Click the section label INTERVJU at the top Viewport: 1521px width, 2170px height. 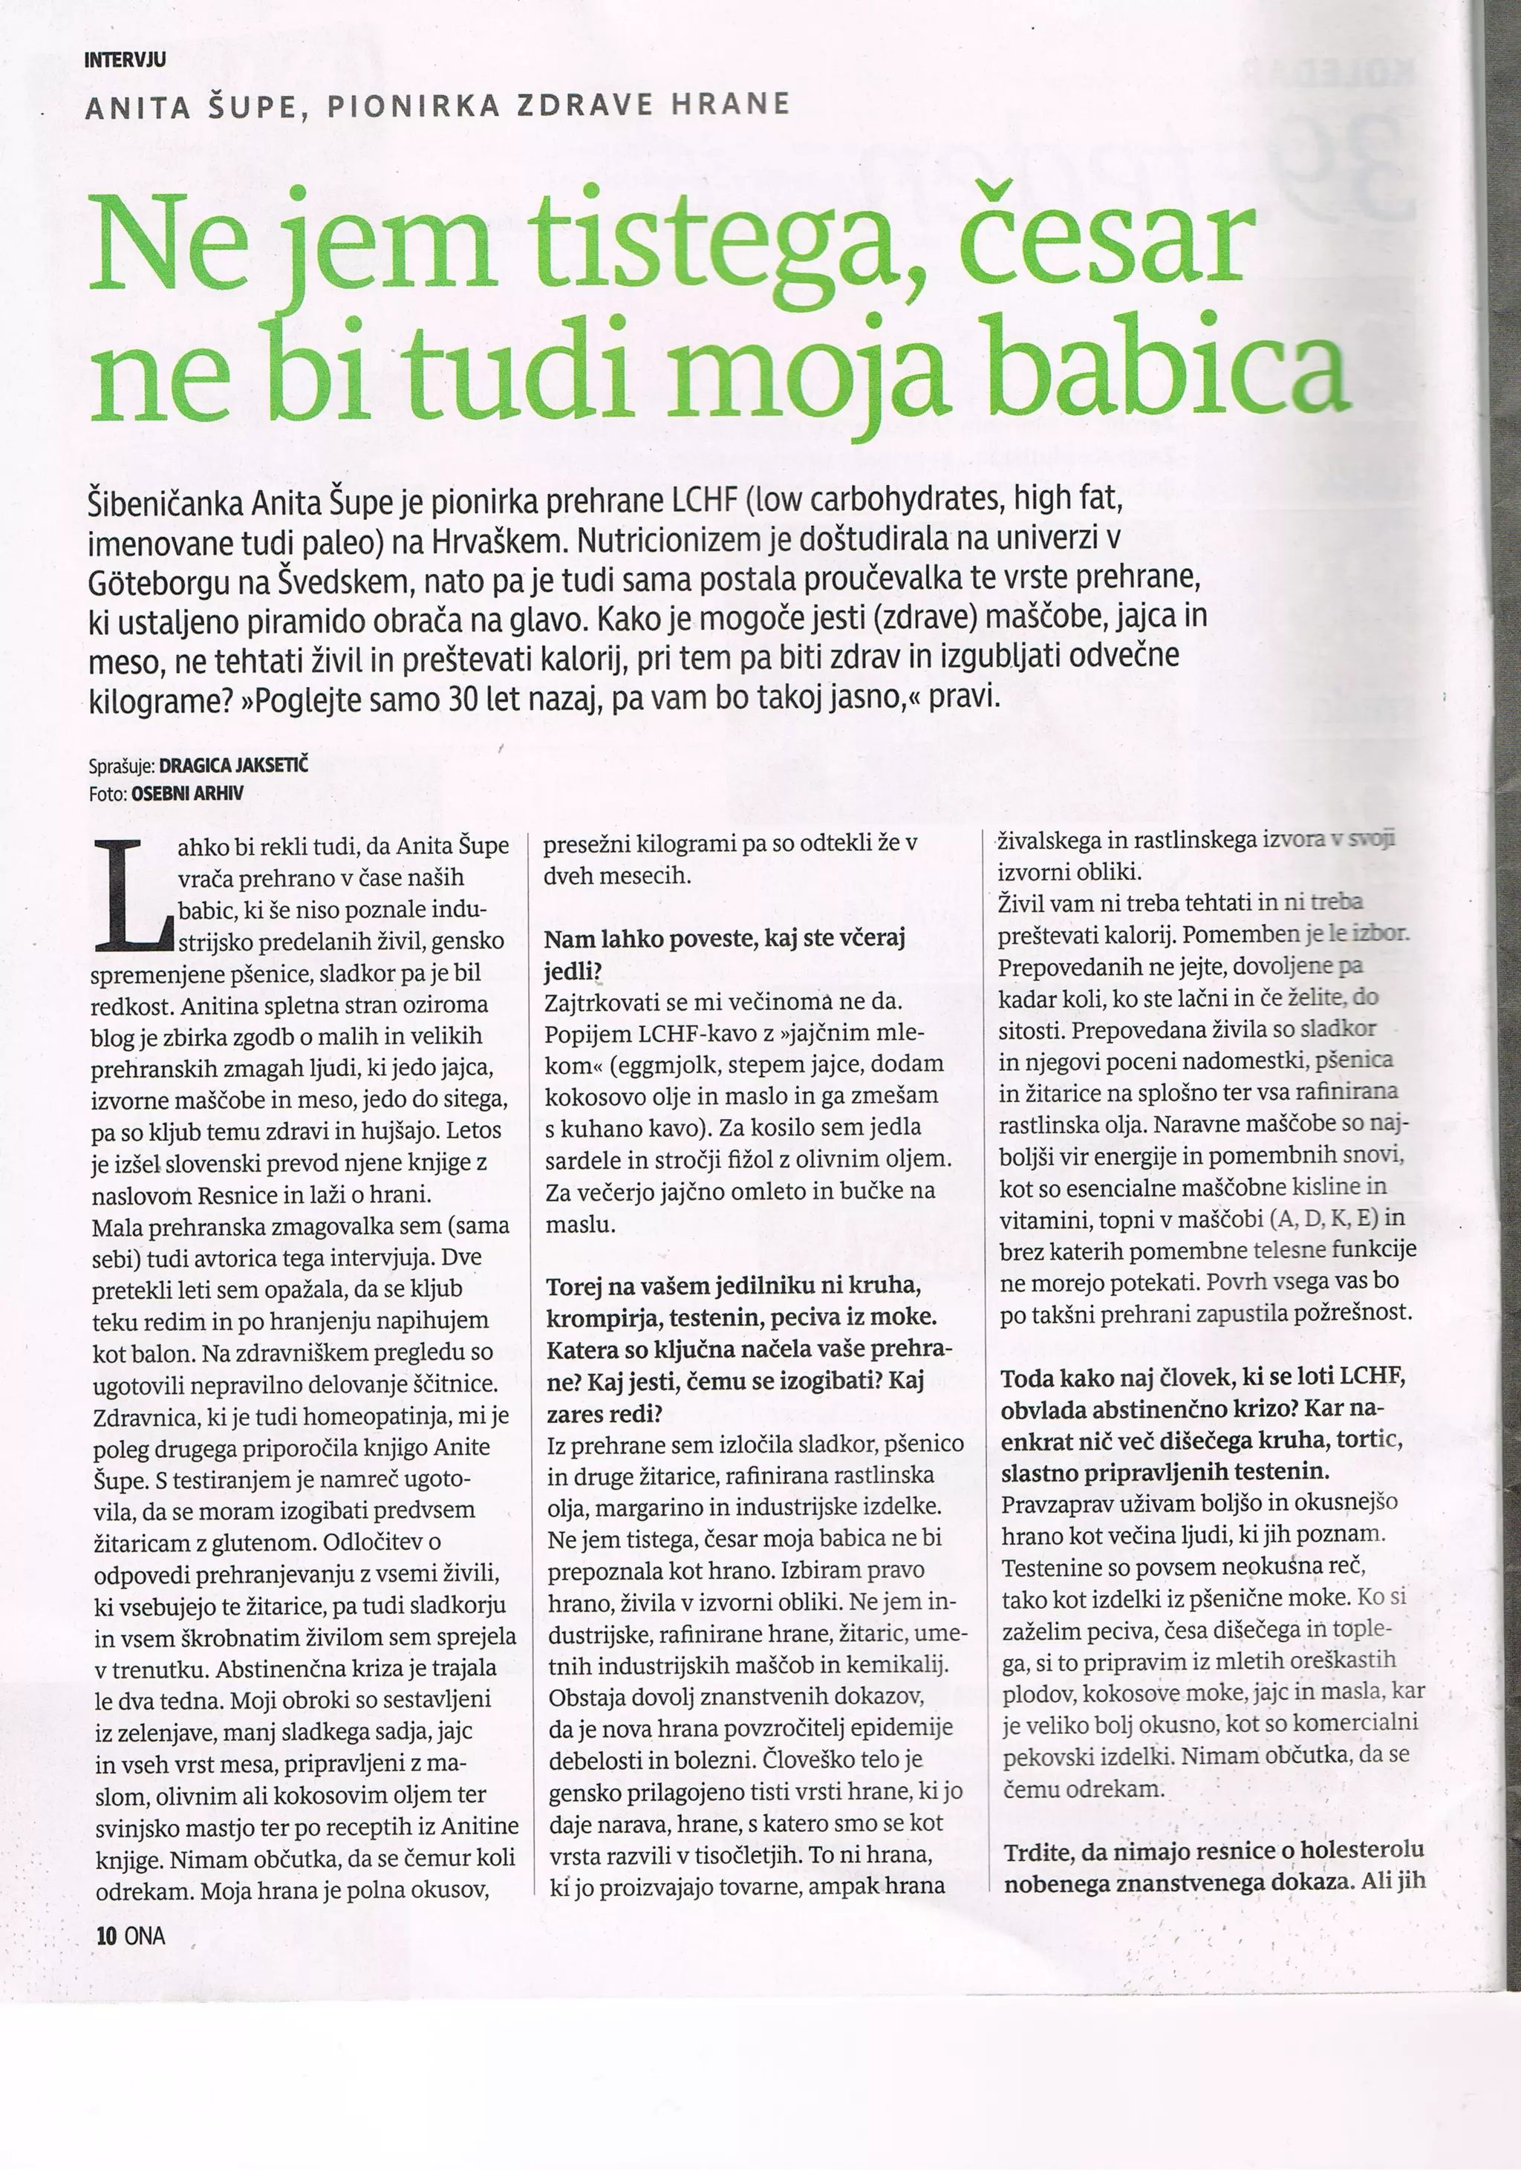125,60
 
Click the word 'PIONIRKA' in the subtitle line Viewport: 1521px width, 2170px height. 413,105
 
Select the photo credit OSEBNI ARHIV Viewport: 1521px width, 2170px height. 187,793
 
